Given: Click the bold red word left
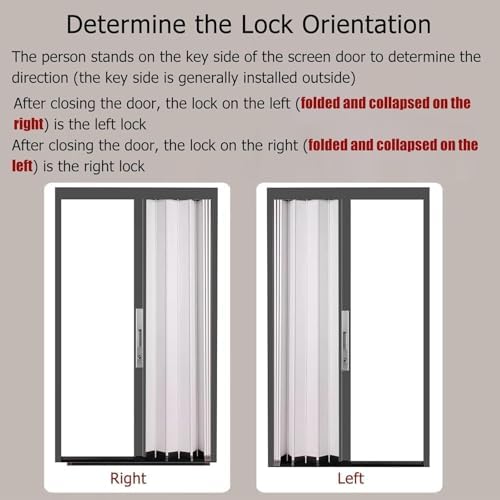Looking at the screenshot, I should coord(24,165).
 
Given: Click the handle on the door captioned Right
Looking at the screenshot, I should coord(139,338).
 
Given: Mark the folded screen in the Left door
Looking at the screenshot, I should coord(307,330).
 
